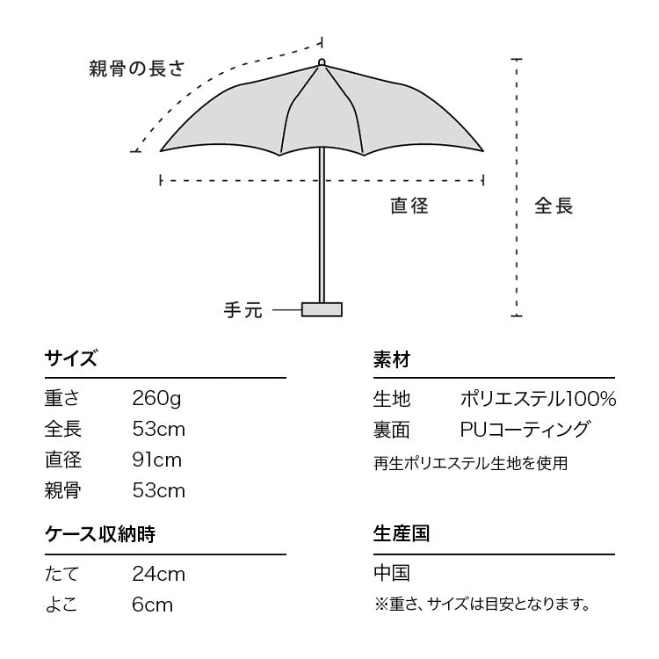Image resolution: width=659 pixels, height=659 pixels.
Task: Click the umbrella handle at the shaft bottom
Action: (322, 309)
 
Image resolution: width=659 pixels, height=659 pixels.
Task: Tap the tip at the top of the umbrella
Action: (322, 62)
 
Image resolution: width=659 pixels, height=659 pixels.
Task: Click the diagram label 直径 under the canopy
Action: (409, 206)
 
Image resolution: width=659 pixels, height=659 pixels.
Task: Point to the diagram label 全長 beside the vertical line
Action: (554, 206)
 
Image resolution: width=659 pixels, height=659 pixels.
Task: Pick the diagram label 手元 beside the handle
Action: (243, 310)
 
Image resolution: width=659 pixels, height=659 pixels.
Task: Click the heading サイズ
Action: (70, 359)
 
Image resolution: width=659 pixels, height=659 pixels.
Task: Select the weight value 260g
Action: (157, 398)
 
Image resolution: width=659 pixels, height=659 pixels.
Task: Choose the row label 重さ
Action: (62, 398)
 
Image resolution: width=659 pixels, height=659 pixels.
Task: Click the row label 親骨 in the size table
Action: (62, 490)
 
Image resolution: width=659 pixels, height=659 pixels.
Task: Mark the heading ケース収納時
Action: (100, 534)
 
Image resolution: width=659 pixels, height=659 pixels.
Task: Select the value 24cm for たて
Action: (159, 574)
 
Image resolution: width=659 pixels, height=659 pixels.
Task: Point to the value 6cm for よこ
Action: (153, 605)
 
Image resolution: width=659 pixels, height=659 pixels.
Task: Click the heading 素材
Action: (392, 359)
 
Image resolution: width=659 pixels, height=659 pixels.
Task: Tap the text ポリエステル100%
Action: (538, 398)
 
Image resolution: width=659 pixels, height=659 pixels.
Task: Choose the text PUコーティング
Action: (525, 429)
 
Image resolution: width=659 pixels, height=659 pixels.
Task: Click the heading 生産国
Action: (401, 534)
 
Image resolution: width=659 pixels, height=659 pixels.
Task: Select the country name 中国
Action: (392, 574)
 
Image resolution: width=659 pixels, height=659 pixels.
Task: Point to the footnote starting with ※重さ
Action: (481, 605)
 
